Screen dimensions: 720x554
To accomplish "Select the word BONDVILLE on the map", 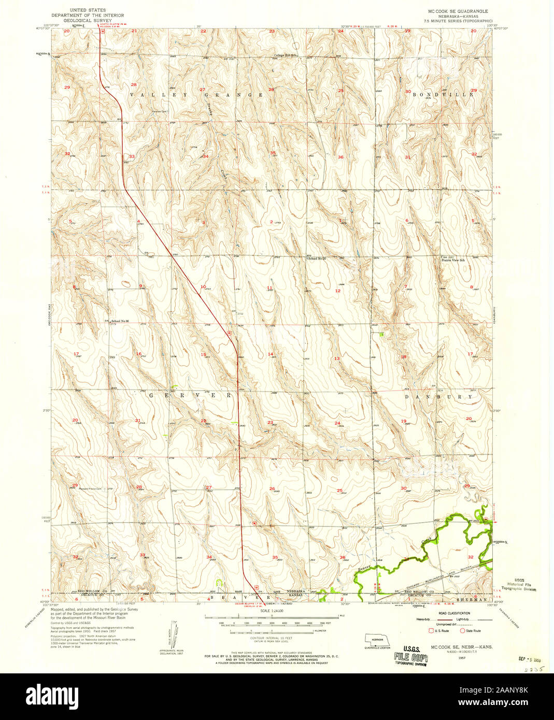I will click(443, 95).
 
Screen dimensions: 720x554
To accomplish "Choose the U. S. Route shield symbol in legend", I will click(431, 630).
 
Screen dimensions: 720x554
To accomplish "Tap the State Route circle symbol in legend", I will click(463, 630).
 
